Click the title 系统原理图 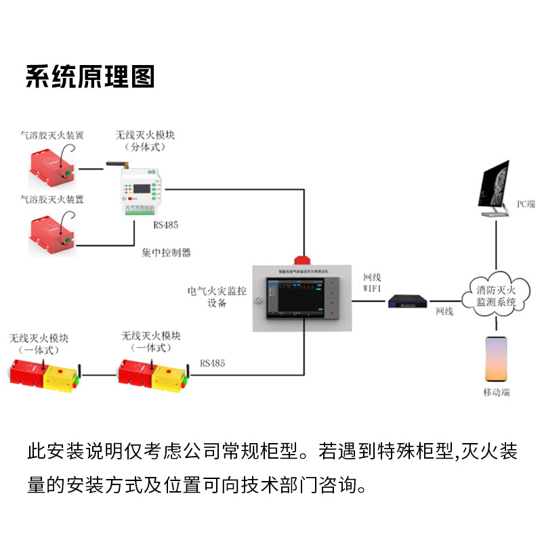(90, 77)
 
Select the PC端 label (526, 203)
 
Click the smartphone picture (496, 359)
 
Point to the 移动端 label (496, 392)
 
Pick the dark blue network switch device (409, 302)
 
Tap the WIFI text (373, 289)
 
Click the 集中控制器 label (166, 253)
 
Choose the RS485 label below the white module (165, 225)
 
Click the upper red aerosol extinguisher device (51, 165)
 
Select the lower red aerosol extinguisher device (51, 230)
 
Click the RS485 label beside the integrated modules (212, 364)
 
